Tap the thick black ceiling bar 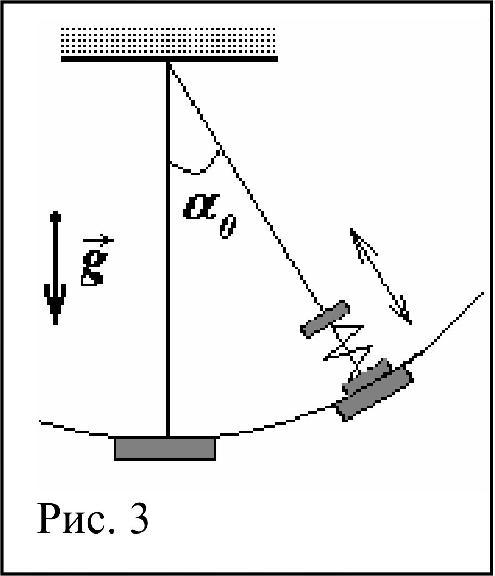coord(169,58)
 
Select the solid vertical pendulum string coord(168,249)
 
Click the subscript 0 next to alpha coord(228,228)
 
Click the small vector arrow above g coord(98,240)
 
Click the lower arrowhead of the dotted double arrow coord(402,310)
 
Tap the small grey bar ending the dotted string coord(325,318)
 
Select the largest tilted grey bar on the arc coord(375,393)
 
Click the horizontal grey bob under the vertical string coord(165,449)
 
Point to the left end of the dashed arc coord(40,422)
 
